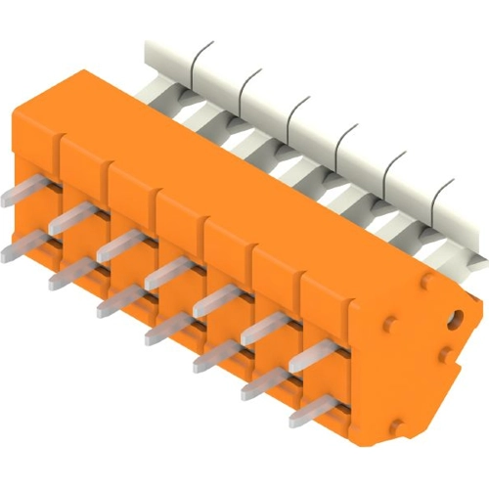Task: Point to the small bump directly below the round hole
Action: [445, 354]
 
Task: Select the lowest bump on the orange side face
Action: [399, 426]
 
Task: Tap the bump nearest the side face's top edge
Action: [427, 282]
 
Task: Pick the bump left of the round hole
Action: [390, 323]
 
